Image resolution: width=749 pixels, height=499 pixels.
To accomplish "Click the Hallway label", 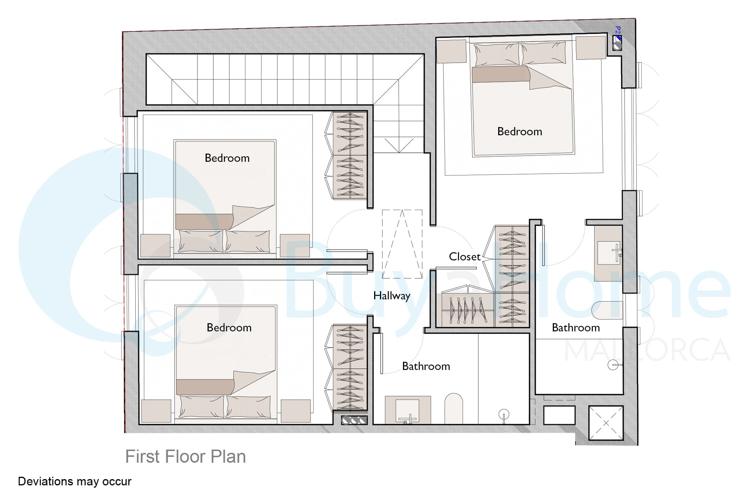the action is [x=392, y=296].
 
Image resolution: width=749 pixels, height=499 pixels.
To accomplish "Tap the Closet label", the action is [x=465, y=257].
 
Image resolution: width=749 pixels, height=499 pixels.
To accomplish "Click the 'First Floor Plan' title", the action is [x=185, y=457].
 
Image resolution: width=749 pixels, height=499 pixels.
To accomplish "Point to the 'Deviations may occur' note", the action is [x=75, y=481].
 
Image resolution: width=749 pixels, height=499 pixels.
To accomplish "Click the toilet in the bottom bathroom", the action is [x=454, y=408].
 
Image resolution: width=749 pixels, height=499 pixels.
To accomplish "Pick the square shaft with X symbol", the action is [x=606, y=423].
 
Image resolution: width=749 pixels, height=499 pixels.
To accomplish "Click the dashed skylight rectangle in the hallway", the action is [x=402, y=244].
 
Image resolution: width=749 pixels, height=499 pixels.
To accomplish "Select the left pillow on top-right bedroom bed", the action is [x=497, y=54].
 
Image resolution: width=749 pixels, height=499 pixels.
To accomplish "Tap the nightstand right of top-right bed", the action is [x=591, y=48].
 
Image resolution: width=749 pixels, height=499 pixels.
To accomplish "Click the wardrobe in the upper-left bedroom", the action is [x=350, y=156].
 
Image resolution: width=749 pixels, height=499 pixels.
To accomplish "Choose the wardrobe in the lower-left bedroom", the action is [x=350, y=368].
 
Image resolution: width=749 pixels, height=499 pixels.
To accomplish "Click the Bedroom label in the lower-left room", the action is [x=229, y=327].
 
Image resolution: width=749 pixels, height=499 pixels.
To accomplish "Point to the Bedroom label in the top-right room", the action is [x=520, y=131].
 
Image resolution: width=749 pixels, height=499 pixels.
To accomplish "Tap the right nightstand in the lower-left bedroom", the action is [x=296, y=411].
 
